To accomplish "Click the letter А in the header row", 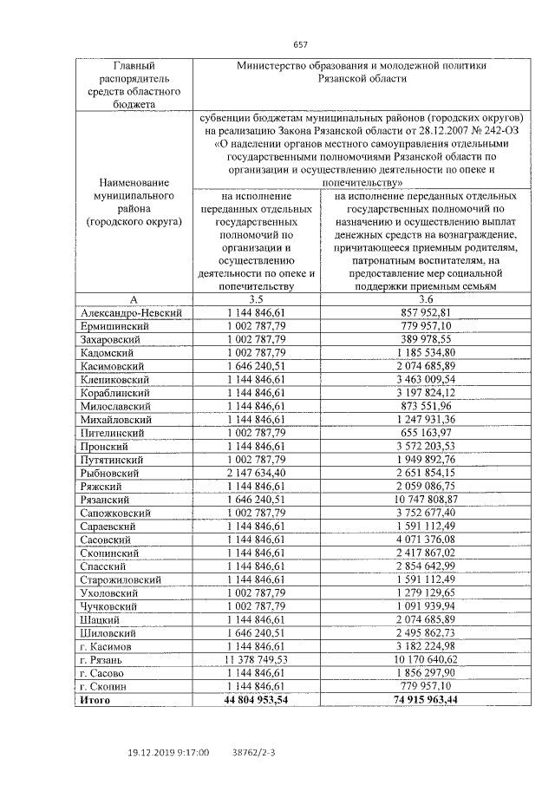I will click(x=134, y=298).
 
